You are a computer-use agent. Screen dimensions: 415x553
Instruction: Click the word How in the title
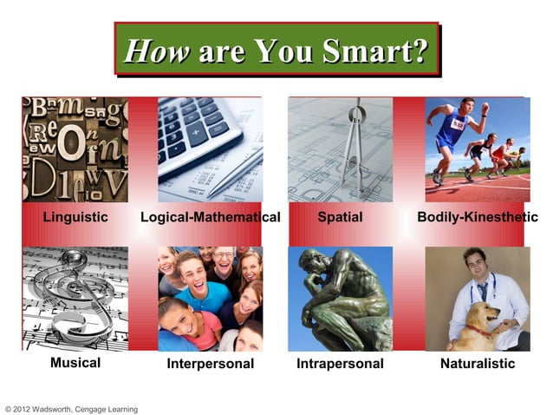click(x=157, y=52)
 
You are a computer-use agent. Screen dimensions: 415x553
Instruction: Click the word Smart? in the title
click(x=376, y=52)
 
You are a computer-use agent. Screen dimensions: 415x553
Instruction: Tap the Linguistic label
click(x=76, y=216)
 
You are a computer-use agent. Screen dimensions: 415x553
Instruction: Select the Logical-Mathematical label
click(x=211, y=216)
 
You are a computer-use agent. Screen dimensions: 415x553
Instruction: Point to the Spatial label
click(x=340, y=216)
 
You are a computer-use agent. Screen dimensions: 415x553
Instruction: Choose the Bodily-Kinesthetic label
click(x=478, y=216)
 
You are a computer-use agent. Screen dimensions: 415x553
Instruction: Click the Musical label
click(x=75, y=363)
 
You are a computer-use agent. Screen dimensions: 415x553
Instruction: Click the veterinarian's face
click(x=474, y=264)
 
